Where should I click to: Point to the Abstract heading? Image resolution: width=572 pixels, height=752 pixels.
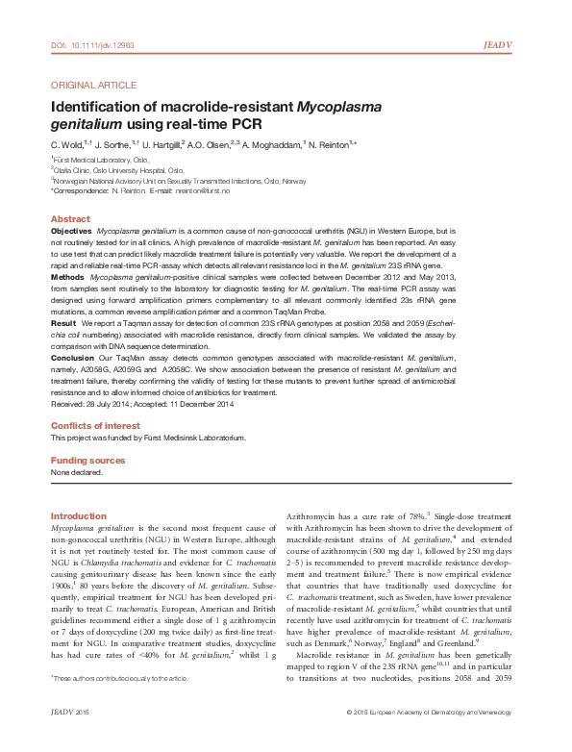[69, 219]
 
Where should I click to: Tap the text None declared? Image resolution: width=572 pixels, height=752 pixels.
[76, 472]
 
